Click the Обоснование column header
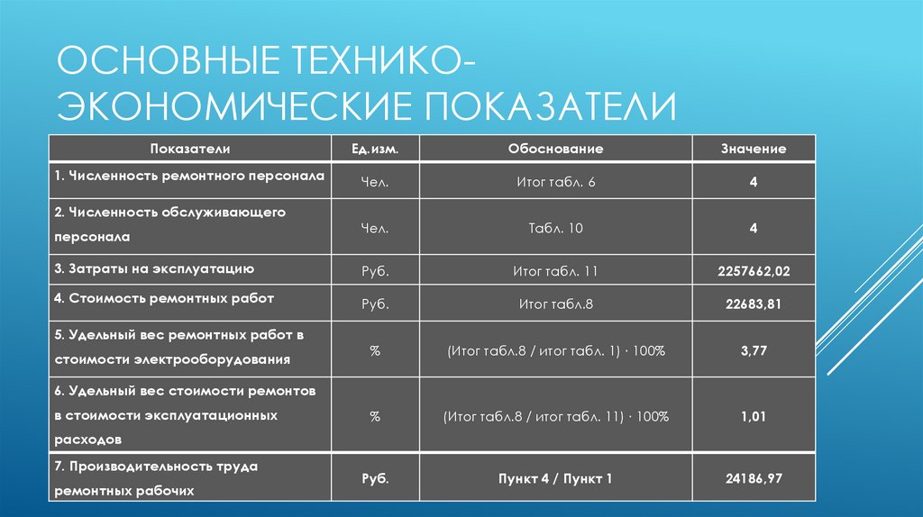tap(555, 149)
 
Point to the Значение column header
tap(753, 149)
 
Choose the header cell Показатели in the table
tap(191, 149)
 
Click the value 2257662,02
tap(753, 271)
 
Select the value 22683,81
tap(753, 304)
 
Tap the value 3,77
tap(753, 350)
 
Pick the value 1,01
tap(753, 417)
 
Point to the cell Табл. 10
tap(555, 229)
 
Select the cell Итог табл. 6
tap(555, 182)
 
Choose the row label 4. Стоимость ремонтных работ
tap(163, 297)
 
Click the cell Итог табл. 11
tap(555, 271)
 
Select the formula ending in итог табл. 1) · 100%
tap(555, 350)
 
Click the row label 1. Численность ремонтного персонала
tap(188, 176)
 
